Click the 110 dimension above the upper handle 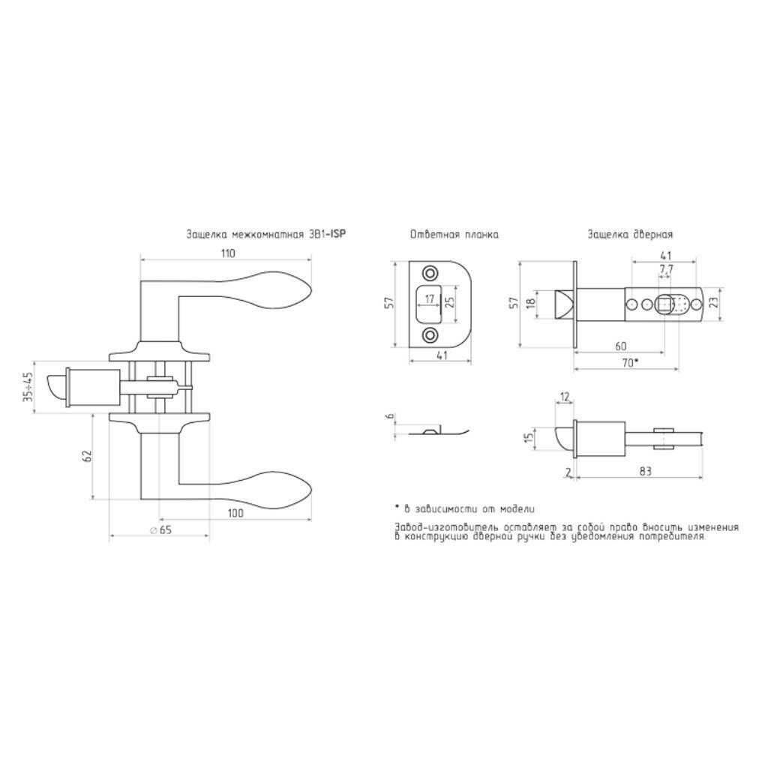tap(228, 253)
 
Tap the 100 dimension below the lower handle tap(235, 513)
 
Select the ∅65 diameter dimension tap(161, 529)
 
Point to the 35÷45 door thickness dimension tap(28, 387)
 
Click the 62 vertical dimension tap(87, 456)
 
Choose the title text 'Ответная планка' tap(454, 235)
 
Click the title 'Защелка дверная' tap(630, 235)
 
